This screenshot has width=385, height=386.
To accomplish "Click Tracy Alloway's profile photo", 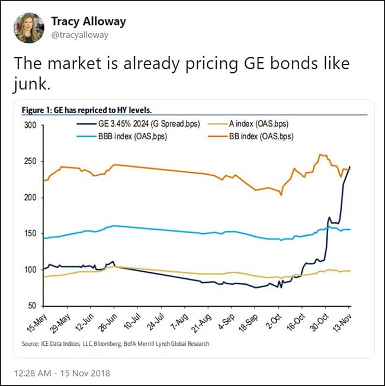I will (28, 28).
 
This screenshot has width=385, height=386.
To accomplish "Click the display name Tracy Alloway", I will (88, 21).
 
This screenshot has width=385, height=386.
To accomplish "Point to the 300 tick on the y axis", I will (30, 126).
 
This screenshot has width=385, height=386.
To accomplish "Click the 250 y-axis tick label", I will (30, 162).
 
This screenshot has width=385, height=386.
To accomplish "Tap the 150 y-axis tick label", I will (30, 234).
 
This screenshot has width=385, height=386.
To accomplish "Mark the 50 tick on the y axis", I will (33, 306).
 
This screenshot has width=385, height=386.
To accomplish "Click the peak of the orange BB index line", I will (320, 155).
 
